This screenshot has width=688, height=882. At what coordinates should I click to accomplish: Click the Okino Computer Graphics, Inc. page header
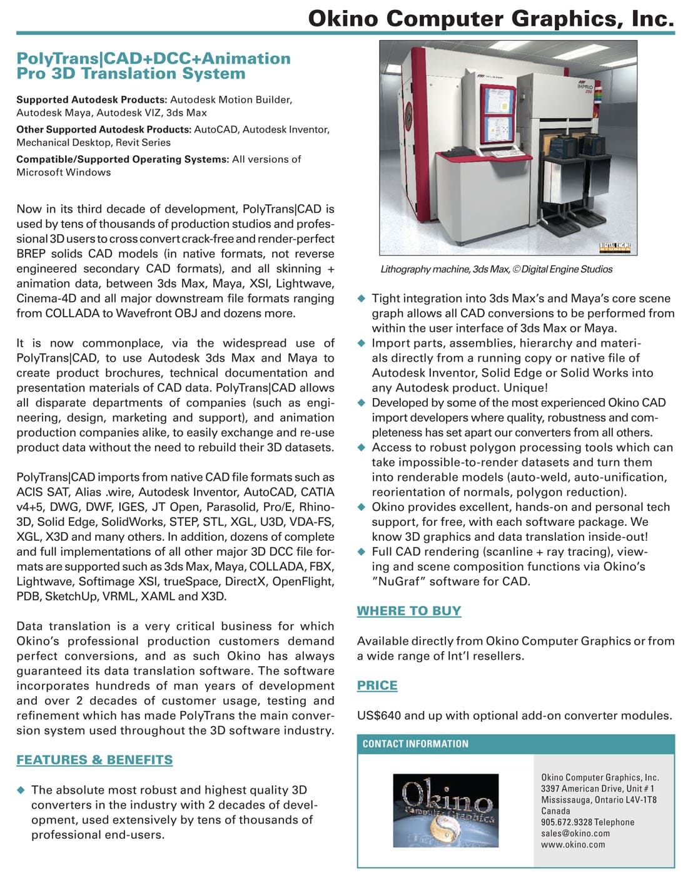[491, 18]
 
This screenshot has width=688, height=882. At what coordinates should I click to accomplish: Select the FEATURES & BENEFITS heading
[94, 760]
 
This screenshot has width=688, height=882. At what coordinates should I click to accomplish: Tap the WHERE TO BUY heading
[409, 611]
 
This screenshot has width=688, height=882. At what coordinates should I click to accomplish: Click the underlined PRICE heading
[377, 685]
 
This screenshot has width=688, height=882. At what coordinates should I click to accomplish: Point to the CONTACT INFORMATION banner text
[415, 744]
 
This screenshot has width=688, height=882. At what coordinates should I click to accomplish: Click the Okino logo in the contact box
[445, 811]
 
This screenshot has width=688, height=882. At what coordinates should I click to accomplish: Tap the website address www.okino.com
[573, 844]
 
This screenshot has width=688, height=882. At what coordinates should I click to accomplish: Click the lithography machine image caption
[496, 269]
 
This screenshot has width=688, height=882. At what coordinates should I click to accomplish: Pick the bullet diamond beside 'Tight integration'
[361, 299]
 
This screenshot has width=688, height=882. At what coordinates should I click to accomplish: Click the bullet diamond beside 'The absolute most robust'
[21, 790]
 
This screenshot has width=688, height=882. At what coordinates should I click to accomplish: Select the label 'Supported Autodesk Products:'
[91, 100]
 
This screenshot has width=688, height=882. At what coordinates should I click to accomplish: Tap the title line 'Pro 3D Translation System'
[131, 74]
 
